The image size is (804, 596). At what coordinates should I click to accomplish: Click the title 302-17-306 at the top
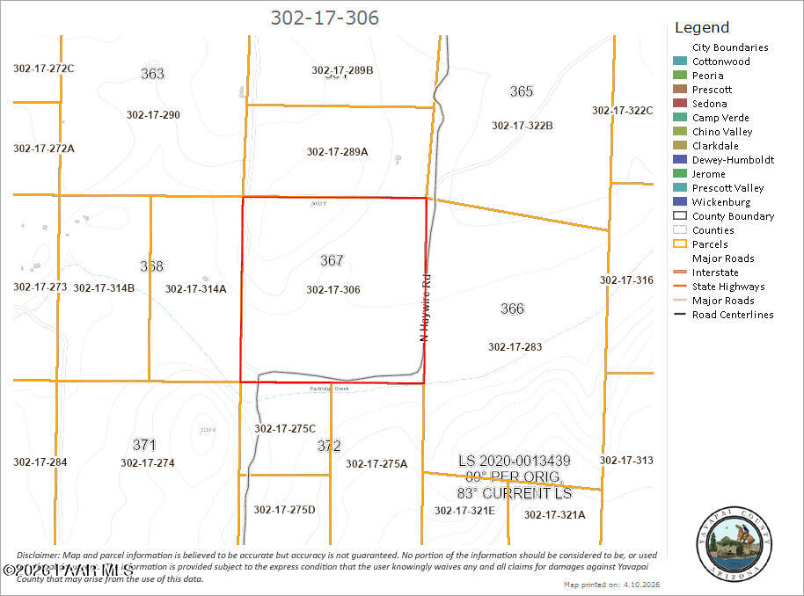(x=325, y=18)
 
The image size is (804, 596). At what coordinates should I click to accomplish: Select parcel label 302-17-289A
(x=337, y=151)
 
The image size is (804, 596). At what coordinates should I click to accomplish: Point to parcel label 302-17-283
(x=515, y=346)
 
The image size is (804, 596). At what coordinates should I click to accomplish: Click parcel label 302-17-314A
(x=195, y=288)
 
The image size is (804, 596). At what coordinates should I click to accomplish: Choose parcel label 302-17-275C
(x=285, y=428)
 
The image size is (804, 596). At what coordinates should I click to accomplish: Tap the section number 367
(x=332, y=260)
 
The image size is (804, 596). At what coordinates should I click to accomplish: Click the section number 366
(x=512, y=309)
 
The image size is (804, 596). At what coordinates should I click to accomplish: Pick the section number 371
(x=144, y=444)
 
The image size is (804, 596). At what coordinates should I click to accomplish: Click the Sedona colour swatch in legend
(x=679, y=104)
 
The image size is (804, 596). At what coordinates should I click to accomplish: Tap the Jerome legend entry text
(x=708, y=174)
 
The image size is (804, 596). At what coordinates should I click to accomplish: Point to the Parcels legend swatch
(x=679, y=244)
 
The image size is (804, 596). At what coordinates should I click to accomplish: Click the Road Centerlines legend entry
(x=733, y=315)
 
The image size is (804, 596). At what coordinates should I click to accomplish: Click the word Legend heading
(x=701, y=27)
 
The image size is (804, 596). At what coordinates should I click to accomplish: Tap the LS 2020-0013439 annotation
(x=515, y=461)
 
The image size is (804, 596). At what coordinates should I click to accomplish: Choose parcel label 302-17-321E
(x=464, y=510)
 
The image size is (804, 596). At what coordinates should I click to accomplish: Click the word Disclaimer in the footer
(x=37, y=556)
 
